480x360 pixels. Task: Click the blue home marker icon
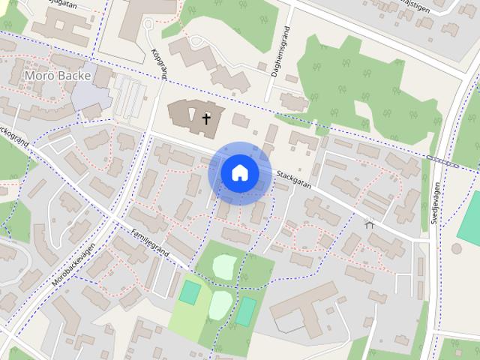click(x=239, y=172)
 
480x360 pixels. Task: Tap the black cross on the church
click(x=207, y=118)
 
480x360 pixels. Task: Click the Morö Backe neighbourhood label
click(x=58, y=76)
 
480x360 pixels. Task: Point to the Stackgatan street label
click(x=292, y=179)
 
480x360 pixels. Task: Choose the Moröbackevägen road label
click(x=73, y=266)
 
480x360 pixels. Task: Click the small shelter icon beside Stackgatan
click(x=368, y=223)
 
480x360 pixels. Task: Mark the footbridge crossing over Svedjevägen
click(x=442, y=160)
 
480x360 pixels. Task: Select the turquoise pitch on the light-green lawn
click(x=190, y=291)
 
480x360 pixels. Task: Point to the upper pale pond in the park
click(x=225, y=265)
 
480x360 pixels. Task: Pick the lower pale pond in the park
click(x=220, y=304)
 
